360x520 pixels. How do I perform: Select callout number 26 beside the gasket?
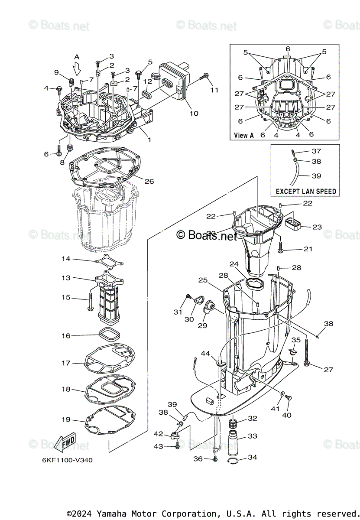tap(149, 181)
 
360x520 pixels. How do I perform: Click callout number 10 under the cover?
tap(194, 114)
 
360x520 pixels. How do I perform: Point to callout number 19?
tap(66, 419)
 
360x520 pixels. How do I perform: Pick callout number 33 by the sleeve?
tap(252, 435)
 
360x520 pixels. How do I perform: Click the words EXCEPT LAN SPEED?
tap(306, 191)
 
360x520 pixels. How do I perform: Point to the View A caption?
tap(244, 135)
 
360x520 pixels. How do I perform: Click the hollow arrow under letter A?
tap(77, 68)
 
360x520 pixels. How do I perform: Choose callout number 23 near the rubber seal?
tap(317, 227)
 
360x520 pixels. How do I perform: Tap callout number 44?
tap(205, 354)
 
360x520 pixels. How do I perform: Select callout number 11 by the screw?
tap(214, 90)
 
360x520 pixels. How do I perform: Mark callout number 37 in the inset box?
tap(316, 151)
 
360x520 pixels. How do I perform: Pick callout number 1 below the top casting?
tap(149, 140)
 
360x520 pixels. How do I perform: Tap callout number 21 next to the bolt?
tap(308, 249)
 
